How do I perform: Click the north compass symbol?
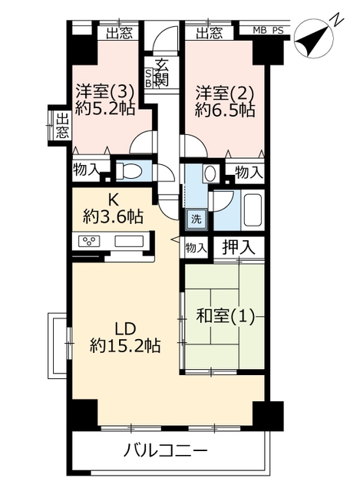point(314,37)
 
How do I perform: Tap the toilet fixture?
point(129,171)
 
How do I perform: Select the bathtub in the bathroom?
point(253,210)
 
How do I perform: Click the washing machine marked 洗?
point(197,219)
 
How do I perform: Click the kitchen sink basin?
point(129,241)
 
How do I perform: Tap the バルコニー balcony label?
point(165,451)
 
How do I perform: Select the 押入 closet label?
point(239,247)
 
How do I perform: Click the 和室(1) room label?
point(225,316)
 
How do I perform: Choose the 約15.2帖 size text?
point(125,346)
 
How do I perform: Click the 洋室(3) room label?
point(105,92)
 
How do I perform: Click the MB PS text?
point(268,31)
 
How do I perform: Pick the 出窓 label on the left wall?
point(62,127)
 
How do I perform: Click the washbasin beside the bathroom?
point(210,173)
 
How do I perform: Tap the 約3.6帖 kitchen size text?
point(113,216)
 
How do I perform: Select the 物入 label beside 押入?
point(196,249)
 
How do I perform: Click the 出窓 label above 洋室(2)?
point(210,33)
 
